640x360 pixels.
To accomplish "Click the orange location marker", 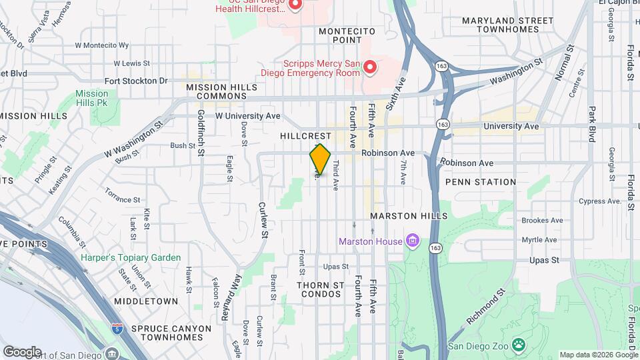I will [320, 159].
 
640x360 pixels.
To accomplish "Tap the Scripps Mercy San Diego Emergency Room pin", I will [369, 67].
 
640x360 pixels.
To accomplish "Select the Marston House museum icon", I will [413, 241].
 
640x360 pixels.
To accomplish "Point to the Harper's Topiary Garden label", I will [131, 257].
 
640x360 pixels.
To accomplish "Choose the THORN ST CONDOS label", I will [321, 289].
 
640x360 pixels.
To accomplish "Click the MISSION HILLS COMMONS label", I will [212, 91].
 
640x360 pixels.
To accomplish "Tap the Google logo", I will [21, 351].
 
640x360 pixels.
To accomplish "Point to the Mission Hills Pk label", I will [91, 99].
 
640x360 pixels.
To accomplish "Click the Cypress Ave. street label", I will [600, 201].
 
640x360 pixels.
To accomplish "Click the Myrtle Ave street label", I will [539, 240].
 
